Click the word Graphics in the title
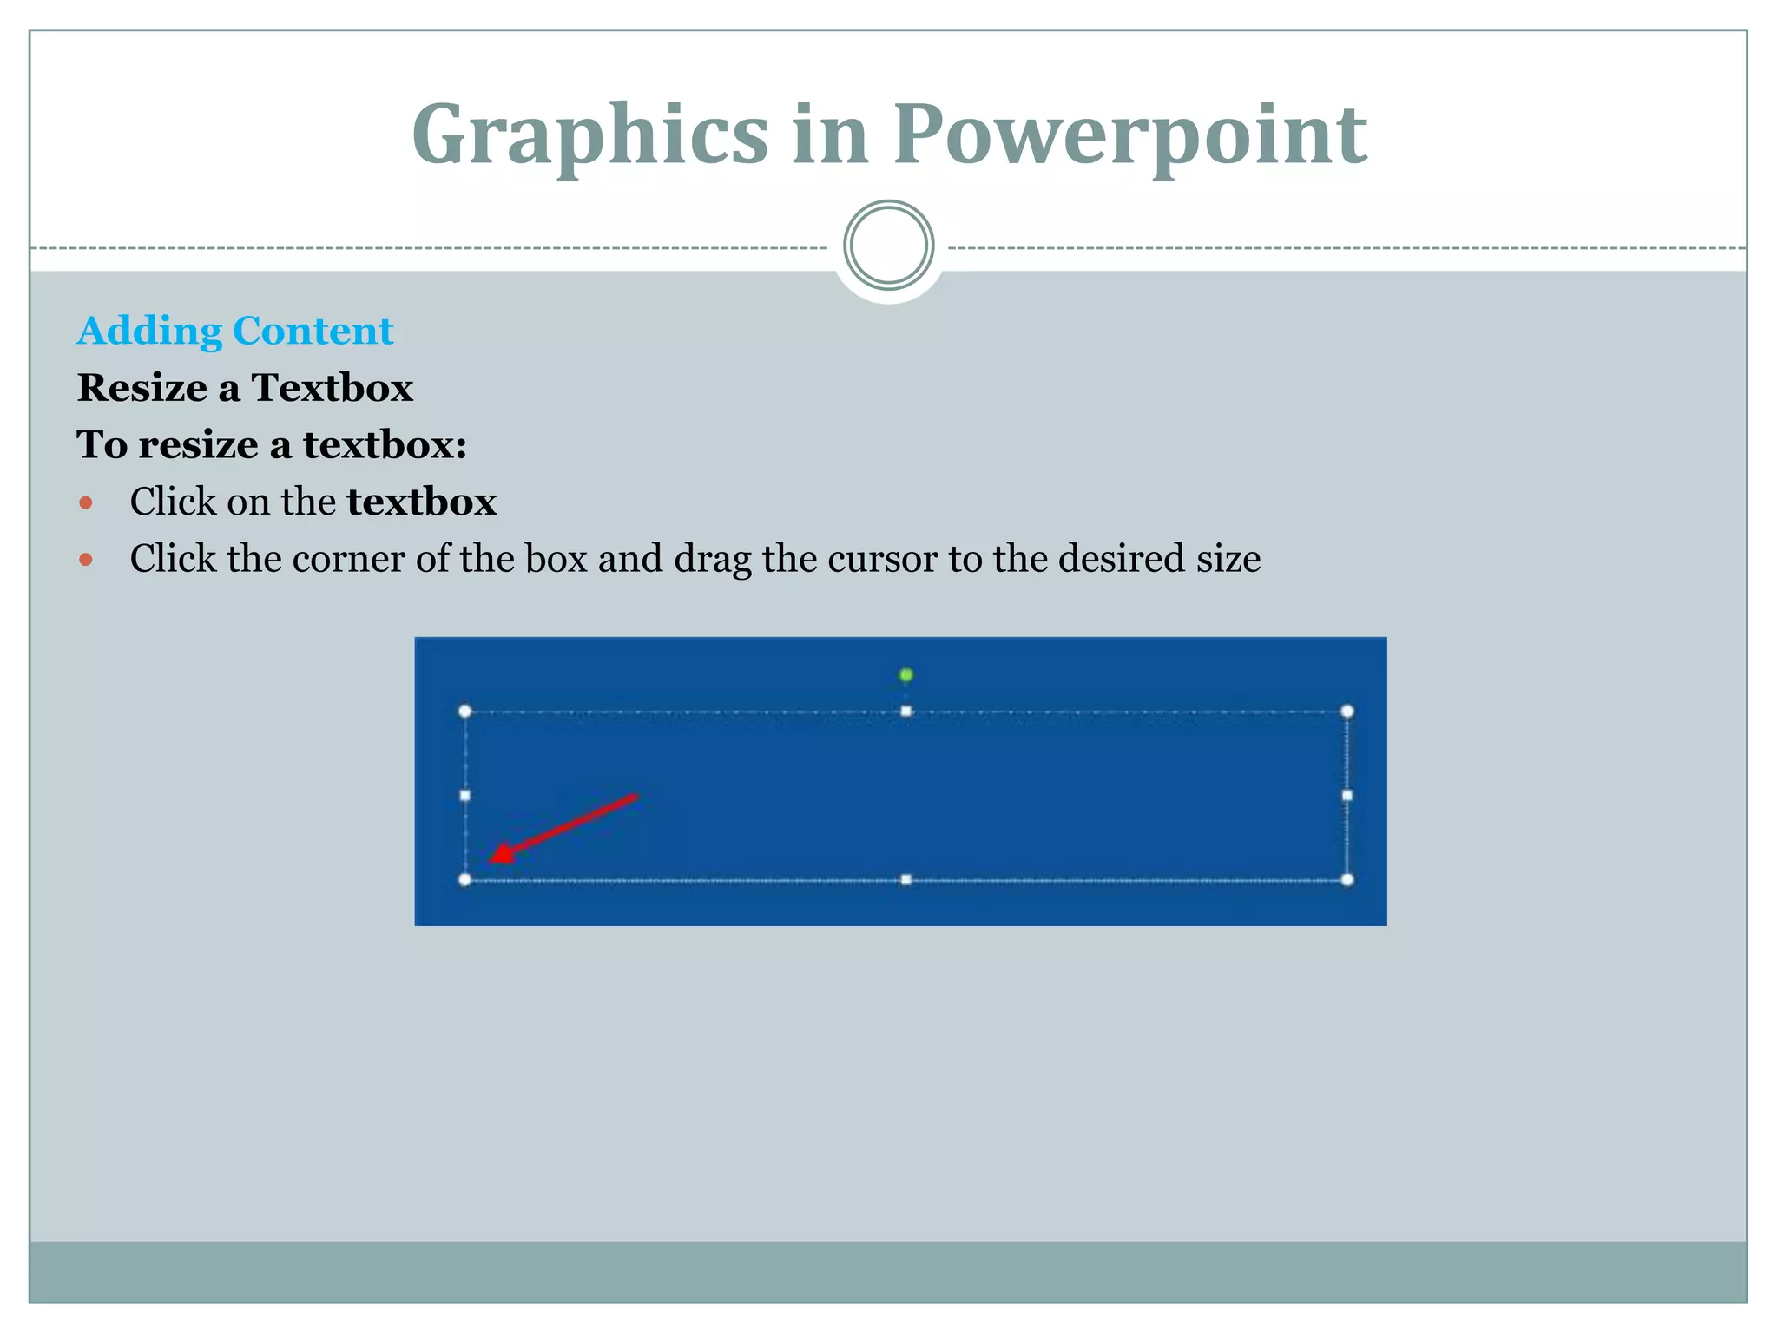589,135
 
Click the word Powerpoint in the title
1130,135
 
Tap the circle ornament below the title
888,246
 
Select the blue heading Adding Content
235,331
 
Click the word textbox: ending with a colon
385,444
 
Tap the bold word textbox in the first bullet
421,502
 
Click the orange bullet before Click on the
85,502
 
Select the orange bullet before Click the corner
85,560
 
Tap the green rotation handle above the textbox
905,675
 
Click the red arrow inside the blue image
564,829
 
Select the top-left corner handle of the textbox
465,712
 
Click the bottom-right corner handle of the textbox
1347,880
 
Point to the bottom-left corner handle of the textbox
465,880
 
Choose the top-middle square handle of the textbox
905,712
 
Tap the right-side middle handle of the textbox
1347,795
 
